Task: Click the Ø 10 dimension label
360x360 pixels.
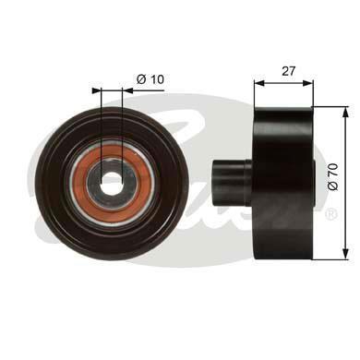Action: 150,79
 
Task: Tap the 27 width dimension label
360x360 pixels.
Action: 288,71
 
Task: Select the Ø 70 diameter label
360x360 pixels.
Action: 333,176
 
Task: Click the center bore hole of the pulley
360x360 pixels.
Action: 112,184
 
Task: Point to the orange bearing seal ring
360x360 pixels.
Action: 112,184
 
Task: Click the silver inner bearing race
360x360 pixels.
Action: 112,184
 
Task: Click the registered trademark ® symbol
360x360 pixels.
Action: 331,214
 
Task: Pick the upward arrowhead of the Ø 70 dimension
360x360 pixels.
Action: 346,112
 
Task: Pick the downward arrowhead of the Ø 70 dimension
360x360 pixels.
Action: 346,255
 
